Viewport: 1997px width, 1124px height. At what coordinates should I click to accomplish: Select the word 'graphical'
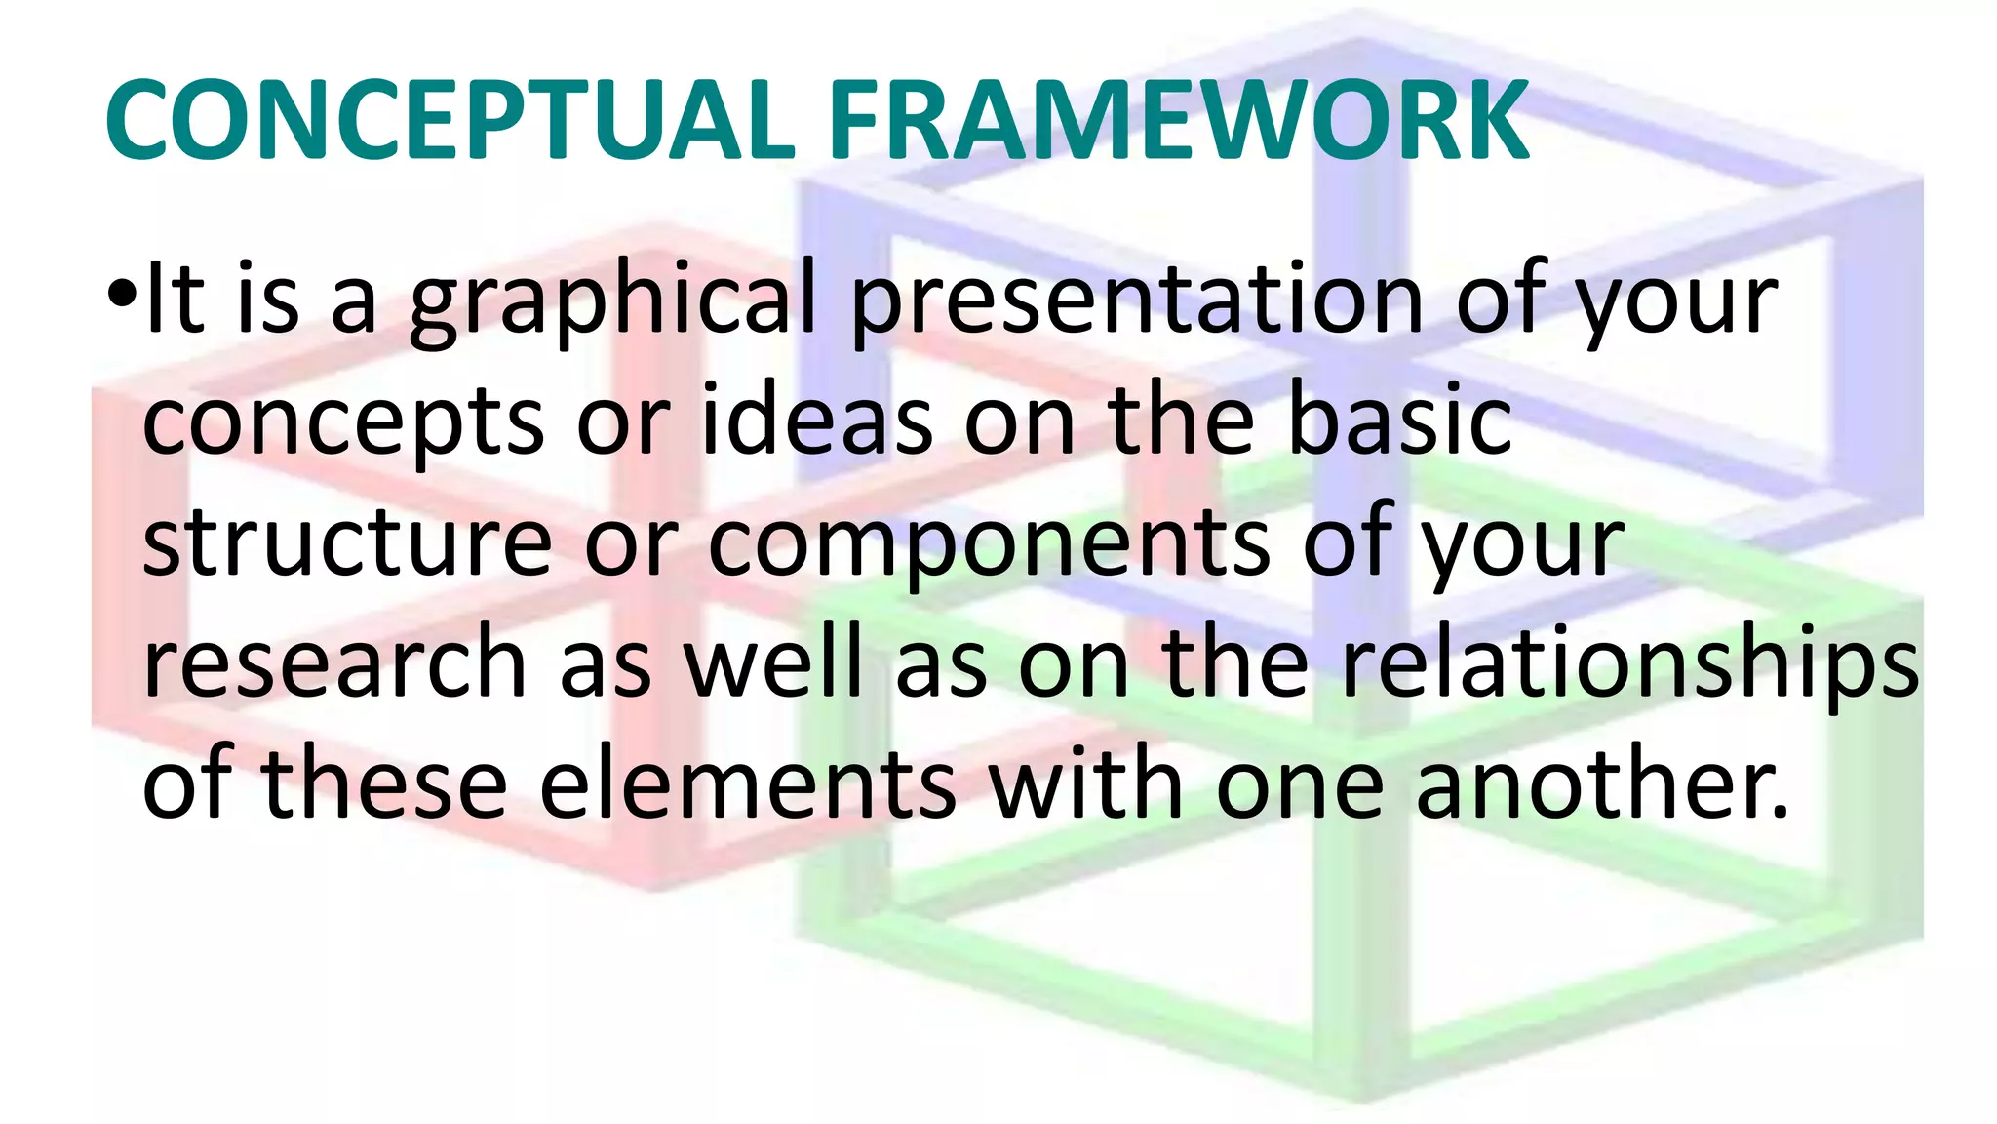[611, 302]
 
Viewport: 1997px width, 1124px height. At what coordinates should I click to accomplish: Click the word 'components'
[990, 546]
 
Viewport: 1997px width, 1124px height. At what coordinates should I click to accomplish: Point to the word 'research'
[334, 663]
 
